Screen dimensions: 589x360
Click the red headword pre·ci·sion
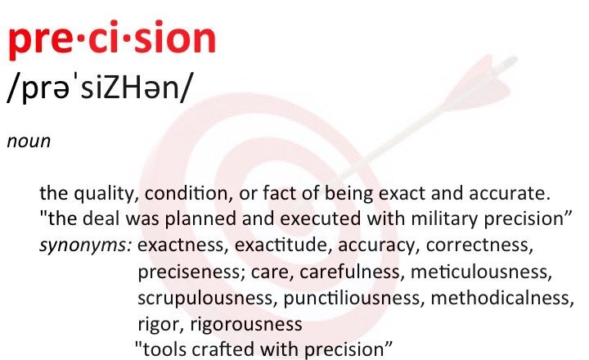(x=111, y=40)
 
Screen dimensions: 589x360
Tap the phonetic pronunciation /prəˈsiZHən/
(x=99, y=88)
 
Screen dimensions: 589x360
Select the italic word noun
(x=29, y=142)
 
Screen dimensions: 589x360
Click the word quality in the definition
(x=104, y=194)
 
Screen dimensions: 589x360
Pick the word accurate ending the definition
(x=509, y=193)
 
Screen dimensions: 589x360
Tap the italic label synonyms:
(x=86, y=245)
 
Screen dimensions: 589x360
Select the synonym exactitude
(x=284, y=245)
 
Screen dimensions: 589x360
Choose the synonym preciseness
(x=189, y=272)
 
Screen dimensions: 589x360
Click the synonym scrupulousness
(x=205, y=299)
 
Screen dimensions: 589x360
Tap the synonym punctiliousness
(x=354, y=299)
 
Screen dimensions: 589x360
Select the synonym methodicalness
(x=502, y=298)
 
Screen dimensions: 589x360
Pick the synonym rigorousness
(x=246, y=324)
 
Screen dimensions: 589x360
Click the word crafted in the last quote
(x=223, y=349)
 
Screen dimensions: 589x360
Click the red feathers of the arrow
(x=477, y=82)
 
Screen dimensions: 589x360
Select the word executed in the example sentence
(x=321, y=218)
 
